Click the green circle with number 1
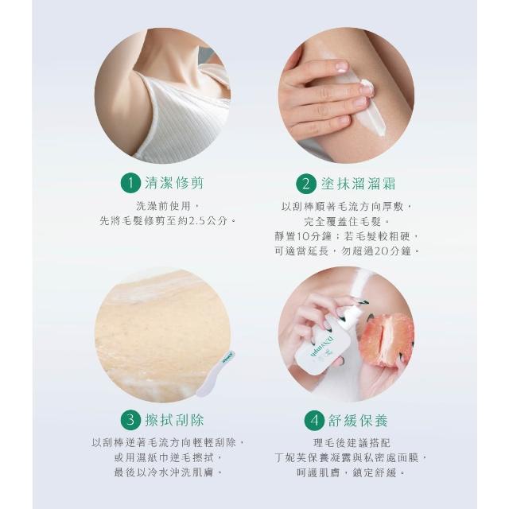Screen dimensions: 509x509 (130, 183)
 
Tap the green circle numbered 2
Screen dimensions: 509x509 (306, 184)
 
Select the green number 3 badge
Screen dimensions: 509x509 (130, 420)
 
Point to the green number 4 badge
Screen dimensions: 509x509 (315, 421)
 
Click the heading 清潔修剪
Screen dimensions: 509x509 (174, 183)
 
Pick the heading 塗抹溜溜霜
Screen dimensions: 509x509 (359, 184)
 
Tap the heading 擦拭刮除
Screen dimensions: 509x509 (174, 420)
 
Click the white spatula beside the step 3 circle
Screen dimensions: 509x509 (216, 374)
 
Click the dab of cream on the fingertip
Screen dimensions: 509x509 (367, 86)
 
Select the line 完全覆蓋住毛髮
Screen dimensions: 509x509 (347, 221)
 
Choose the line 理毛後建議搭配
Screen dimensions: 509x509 (352, 442)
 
